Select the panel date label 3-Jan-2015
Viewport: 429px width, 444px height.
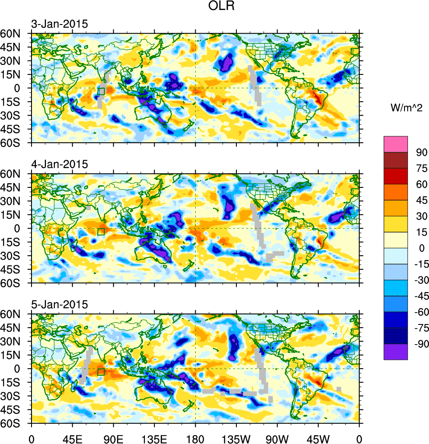(60, 24)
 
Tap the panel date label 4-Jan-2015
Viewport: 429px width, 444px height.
(60, 165)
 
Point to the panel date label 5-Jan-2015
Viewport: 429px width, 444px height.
(60, 305)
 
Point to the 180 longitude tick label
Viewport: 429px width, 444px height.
(195, 438)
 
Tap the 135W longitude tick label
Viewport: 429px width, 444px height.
(236, 438)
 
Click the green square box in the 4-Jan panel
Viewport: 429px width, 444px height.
(101, 232)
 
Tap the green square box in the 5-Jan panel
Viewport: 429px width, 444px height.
(101, 372)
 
